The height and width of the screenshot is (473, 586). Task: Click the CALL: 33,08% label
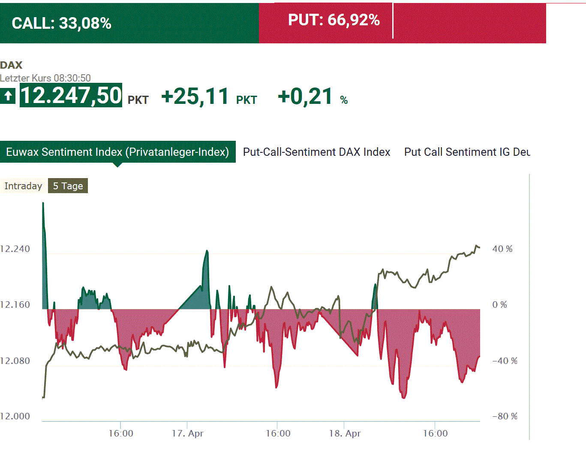point(61,23)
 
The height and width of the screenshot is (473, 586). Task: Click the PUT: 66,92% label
point(334,20)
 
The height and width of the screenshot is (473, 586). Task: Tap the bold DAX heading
point(11,65)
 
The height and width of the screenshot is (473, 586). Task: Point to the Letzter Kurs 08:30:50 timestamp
point(45,78)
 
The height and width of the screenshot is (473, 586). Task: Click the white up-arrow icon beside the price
point(8,95)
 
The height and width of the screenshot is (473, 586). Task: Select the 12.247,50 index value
point(71,95)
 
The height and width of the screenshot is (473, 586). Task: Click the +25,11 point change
point(195,96)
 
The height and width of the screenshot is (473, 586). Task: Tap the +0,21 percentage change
point(305,96)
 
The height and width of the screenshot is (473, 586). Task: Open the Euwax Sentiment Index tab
point(117,152)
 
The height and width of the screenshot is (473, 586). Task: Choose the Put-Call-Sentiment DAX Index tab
point(316,152)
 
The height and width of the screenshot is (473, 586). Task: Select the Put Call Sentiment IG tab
point(467,152)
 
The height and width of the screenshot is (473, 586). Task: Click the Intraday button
point(23,186)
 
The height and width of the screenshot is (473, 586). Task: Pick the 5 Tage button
point(68,186)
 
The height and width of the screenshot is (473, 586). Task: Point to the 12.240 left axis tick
point(15,249)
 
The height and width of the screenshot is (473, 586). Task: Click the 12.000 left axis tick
point(15,416)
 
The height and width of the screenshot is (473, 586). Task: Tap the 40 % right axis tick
point(502,249)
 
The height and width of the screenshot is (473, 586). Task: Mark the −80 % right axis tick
point(505,416)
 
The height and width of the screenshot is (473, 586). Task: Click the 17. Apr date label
point(187,434)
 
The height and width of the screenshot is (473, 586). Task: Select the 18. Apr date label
point(345,434)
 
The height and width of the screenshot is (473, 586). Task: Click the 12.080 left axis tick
point(15,361)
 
